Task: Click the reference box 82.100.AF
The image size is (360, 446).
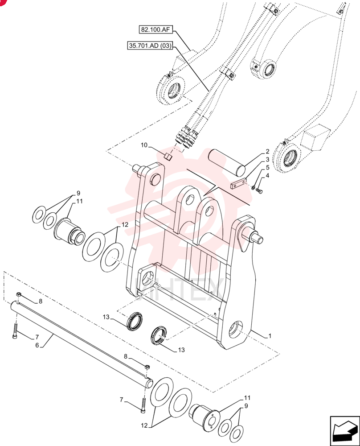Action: pos(155,29)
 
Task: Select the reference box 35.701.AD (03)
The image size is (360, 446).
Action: pos(150,45)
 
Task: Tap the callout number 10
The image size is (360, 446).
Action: pos(144,145)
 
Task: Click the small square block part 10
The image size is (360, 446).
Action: pos(168,156)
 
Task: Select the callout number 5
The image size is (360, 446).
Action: pos(267,168)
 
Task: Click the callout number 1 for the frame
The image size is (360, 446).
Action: pos(270,336)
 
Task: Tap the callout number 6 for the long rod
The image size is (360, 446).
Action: pos(37,345)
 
